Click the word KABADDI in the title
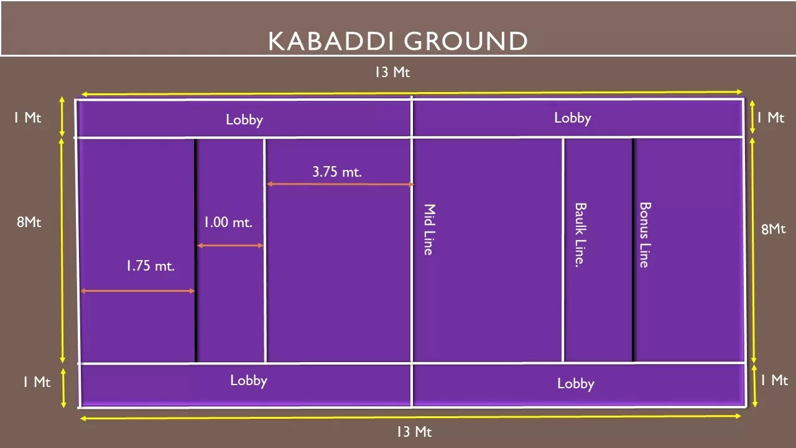click(x=330, y=41)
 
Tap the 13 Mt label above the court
click(x=392, y=72)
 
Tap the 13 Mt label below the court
click(x=414, y=431)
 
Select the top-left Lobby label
click(x=244, y=119)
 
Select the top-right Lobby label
click(x=572, y=118)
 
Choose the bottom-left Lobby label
click(x=248, y=380)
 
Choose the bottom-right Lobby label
click(x=575, y=383)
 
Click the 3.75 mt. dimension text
click(x=336, y=172)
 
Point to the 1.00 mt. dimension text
click(x=228, y=222)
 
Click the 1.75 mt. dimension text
click(x=150, y=266)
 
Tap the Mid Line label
click(x=429, y=229)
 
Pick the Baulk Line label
click(x=580, y=234)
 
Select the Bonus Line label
click(x=645, y=235)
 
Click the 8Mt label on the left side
click(x=29, y=222)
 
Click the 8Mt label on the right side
click(x=773, y=229)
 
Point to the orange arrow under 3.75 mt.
click(x=340, y=184)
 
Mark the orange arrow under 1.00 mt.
click(x=230, y=246)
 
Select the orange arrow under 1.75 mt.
click(x=137, y=291)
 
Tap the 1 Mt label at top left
click(x=27, y=118)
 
